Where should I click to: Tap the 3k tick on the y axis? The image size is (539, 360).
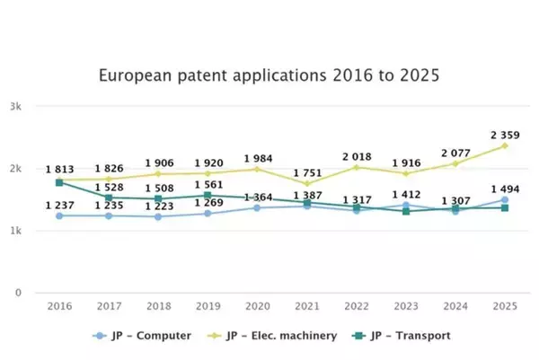coord(16,106)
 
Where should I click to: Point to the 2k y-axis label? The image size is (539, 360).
coord(16,169)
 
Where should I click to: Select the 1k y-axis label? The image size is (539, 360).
coord(16,231)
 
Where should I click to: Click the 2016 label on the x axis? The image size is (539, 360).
coord(59,306)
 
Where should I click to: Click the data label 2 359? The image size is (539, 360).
coord(504,136)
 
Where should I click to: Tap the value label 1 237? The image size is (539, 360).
coord(59,206)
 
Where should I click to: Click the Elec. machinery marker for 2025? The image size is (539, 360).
coord(504,145)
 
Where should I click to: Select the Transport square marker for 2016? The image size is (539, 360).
coord(59,182)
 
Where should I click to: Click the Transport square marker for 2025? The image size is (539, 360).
coord(504,207)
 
